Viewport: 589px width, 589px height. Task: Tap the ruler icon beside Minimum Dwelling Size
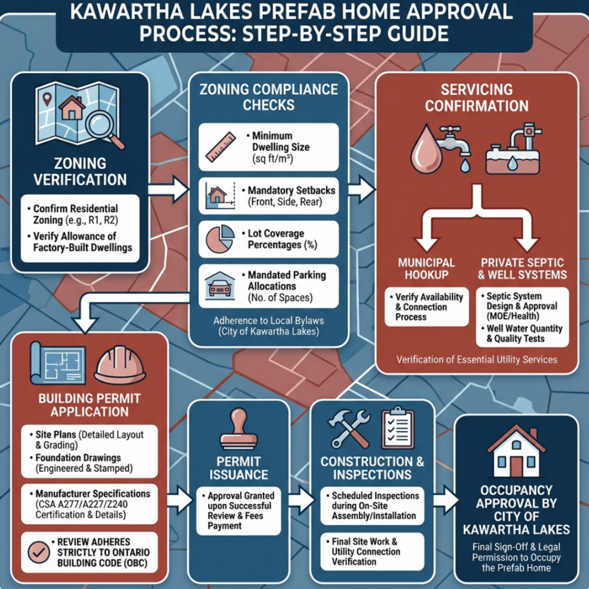coord(220,146)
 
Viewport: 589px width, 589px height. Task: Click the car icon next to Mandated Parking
coord(220,285)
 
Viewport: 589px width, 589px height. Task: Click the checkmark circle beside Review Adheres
coord(39,552)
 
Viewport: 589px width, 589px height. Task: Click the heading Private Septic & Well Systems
coord(522,269)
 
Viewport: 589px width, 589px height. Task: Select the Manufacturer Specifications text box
coord(90,504)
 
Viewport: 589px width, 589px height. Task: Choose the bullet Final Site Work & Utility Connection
coord(366,551)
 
